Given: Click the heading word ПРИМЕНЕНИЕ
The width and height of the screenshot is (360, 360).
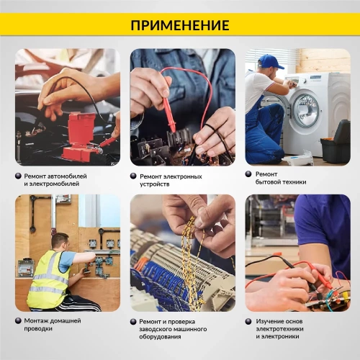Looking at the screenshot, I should tap(180, 25).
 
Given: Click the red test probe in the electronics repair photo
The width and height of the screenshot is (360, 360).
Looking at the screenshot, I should tap(168, 108).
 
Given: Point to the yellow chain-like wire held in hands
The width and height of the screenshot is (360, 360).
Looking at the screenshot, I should tap(189, 252).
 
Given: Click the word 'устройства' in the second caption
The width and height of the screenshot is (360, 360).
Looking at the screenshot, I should tap(155, 184).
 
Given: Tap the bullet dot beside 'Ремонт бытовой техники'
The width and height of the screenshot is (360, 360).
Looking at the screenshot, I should tap(248, 174).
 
